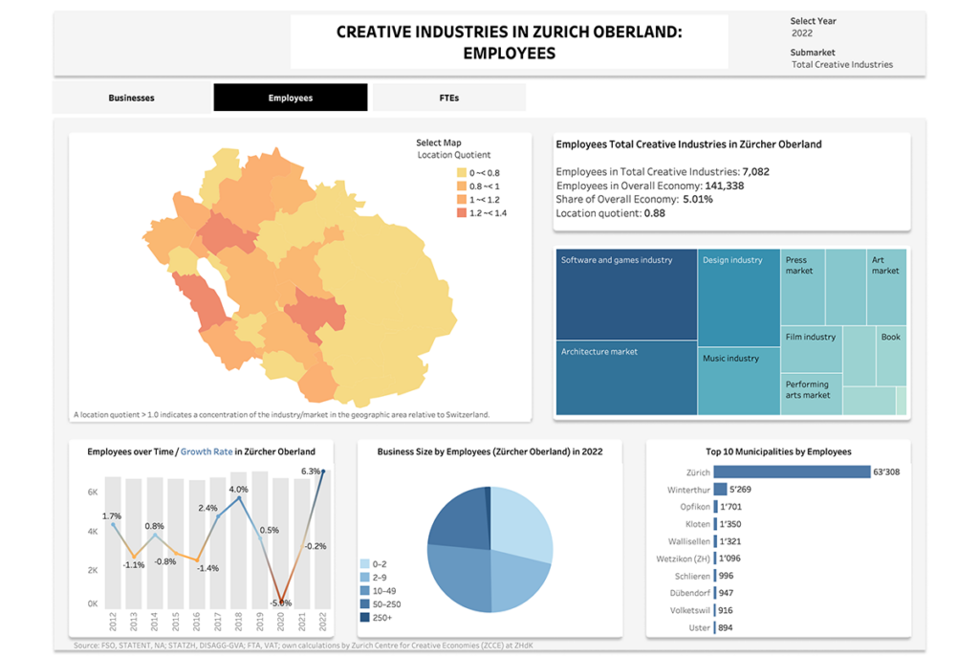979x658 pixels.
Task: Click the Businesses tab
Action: click(131, 98)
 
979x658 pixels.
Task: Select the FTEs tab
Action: click(448, 98)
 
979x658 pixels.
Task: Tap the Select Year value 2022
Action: click(802, 33)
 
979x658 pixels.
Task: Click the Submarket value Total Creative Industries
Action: click(842, 65)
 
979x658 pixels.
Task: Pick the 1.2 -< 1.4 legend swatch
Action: click(461, 213)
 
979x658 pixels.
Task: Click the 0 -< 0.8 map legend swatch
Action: click(461, 173)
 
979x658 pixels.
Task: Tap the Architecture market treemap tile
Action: click(626, 379)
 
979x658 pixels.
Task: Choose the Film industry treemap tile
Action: click(811, 348)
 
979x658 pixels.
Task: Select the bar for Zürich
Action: click(791, 472)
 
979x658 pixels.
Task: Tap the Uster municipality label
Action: click(699, 627)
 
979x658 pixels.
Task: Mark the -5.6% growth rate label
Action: click(280, 603)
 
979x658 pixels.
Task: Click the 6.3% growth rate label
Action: click(310, 472)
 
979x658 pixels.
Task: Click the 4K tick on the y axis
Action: click(94, 531)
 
